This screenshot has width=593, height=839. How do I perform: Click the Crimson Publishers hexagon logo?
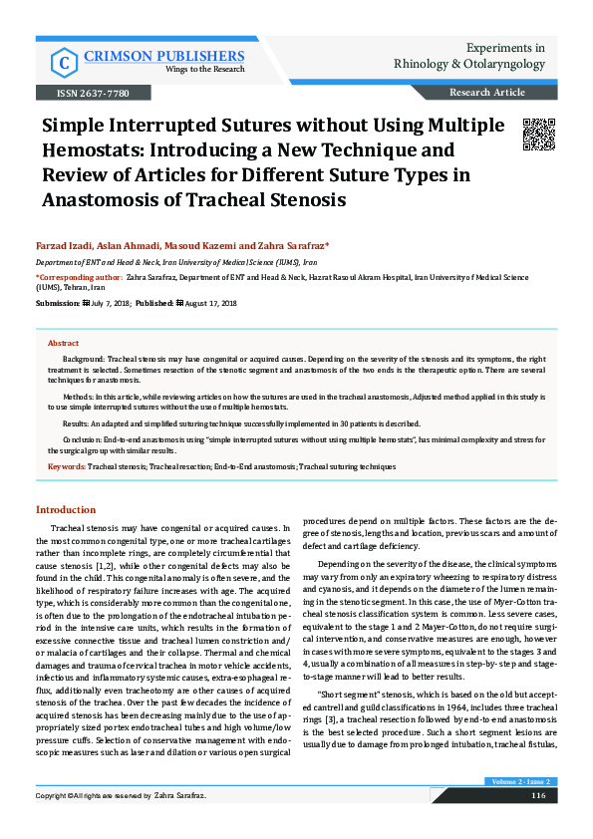[66, 63]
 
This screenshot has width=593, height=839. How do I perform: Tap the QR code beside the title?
[538, 134]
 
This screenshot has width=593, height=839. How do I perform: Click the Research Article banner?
[487, 93]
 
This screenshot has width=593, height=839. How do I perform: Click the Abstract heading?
[64, 342]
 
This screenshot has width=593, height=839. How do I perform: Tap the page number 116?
[538, 823]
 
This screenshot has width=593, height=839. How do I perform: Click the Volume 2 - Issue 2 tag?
[520, 810]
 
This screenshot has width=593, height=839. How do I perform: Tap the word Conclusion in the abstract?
[83, 438]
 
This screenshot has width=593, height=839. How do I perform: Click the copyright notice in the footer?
[121, 824]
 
